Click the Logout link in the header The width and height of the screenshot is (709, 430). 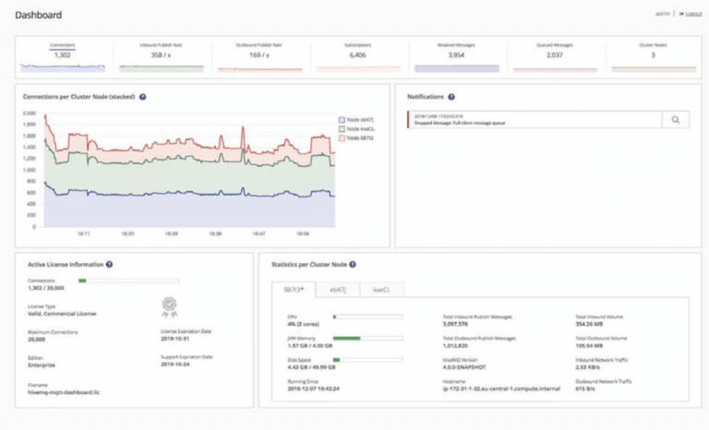690,14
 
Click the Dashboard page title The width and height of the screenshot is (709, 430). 38,15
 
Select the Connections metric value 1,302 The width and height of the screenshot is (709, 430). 63,55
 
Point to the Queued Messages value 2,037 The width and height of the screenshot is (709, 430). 555,55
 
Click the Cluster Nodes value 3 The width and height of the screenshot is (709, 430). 653,55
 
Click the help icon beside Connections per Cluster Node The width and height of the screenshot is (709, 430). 143,96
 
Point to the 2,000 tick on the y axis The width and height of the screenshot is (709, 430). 29,113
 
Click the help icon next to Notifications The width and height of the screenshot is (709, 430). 451,96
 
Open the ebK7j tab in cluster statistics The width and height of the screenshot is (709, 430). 338,290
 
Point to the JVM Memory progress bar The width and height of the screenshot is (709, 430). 367,338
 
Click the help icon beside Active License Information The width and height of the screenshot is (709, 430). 109,264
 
